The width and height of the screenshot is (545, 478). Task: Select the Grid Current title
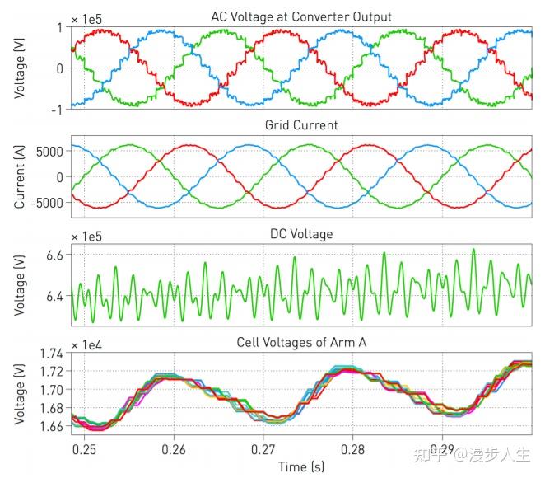pyautogui.click(x=302, y=124)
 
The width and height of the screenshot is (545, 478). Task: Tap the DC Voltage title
pyautogui.click(x=301, y=234)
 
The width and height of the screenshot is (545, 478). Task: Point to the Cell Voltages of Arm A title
pyautogui.click(x=302, y=343)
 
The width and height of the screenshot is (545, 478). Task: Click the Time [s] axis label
pyautogui.click(x=301, y=467)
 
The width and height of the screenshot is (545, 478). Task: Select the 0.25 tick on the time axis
pyautogui.click(x=84, y=451)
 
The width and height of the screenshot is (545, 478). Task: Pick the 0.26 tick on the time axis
pyautogui.click(x=173, y=451)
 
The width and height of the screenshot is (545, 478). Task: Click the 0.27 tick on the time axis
pyautogui.click(x=263, y=451)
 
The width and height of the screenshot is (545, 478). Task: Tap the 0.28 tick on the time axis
pyautogui.click(x=352, y=451)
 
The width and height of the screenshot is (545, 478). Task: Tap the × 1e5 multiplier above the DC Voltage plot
pyautogui.click(x=89, y=236)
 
